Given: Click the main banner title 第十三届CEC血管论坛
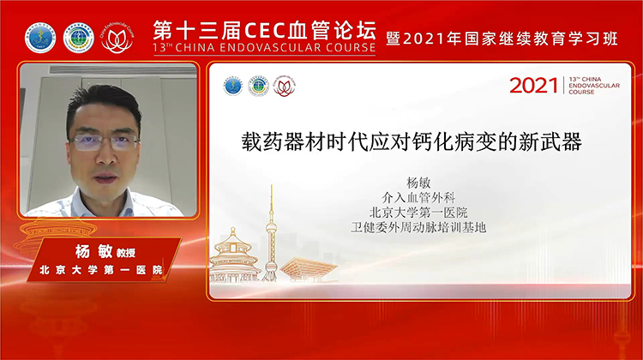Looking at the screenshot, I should (264, 28).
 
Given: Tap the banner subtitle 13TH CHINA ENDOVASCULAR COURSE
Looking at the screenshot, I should (264, 48).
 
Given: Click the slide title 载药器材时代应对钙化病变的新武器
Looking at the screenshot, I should (412, 142).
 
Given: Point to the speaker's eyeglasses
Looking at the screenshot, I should (105, 142).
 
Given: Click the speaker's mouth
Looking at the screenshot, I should (105, 177).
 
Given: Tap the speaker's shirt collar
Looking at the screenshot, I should (103, 204).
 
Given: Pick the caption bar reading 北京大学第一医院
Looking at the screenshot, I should (102, 271).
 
